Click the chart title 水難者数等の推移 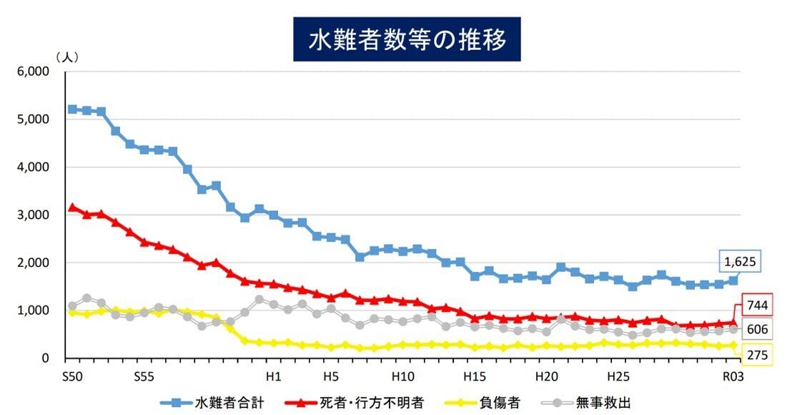click(x=407, y=40)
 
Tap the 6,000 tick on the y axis click(x=33, y=72)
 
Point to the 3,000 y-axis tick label click(x=33, y=215)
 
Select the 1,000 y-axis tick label click(x=33, y=311)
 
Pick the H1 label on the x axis click(x=272, y=375)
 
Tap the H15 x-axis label click(x=474, y=375)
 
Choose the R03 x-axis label click(x=733, y=375)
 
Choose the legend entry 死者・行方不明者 click(x=378, y=402)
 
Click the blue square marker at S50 click(x=71, y=109)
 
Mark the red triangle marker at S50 click(x=71, y=207)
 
